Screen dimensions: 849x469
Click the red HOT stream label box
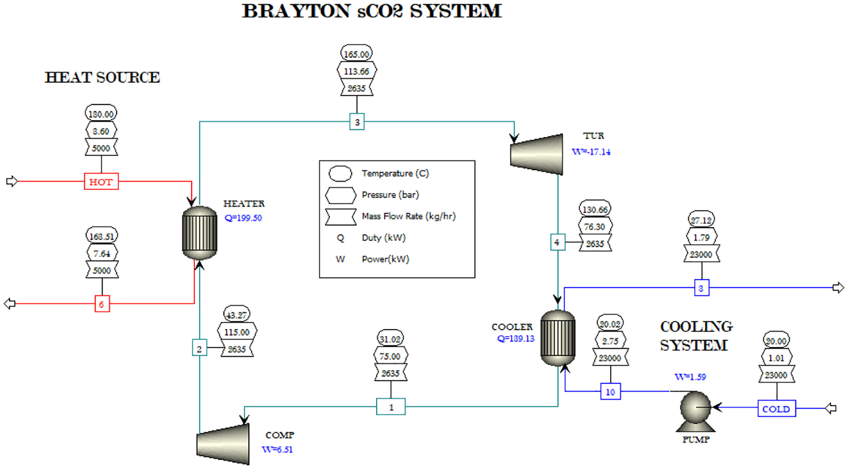tap(101, 181)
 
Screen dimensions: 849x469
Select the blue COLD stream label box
tap(776, 408)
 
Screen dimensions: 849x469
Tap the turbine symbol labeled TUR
tap(536, 154)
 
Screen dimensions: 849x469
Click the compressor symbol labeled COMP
tap(223, 444)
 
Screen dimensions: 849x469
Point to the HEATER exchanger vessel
tap(200, 233)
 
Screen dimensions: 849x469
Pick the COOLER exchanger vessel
tap(558, 338)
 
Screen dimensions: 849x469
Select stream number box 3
tap(357, 122)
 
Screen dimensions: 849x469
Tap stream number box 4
tap(557, 242)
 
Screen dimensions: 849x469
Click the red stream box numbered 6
tap(102, 304)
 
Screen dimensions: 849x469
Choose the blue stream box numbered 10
tap(610, 392)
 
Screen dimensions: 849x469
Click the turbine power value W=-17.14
tap(591, 152)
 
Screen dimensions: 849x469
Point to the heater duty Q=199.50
tap(243, 218)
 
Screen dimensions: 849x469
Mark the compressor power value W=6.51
tap(277, 450)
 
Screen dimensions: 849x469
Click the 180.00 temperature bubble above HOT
tap(101, 114)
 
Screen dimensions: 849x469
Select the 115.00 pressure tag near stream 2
tap(237, 332)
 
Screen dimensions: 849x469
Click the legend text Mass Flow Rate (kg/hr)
tap(409, 216)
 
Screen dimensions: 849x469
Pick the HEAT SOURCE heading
tap(102, 77)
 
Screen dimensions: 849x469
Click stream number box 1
tap(391, 407)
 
